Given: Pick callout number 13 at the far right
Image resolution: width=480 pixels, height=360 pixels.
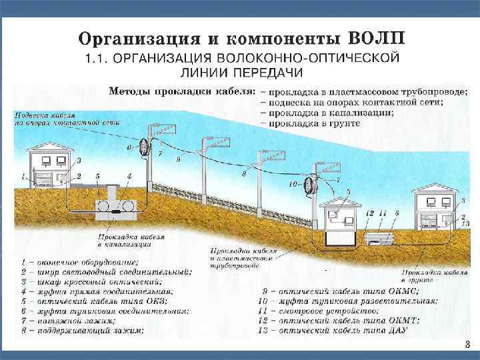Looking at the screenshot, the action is click(464, 222).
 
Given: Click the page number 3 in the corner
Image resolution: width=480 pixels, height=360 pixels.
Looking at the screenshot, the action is click(467, 344).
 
